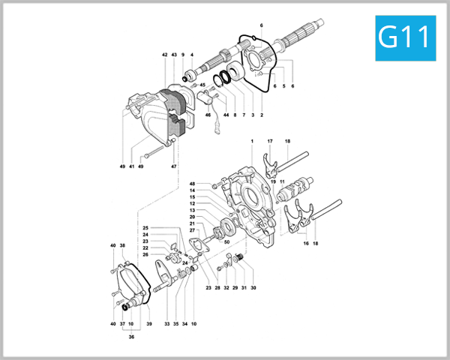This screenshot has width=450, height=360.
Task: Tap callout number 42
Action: click(164, 55)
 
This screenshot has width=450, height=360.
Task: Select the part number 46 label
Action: click(208, 115)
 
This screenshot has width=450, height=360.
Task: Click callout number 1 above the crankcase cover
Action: click(253, 142)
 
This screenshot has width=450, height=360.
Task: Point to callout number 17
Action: click(270, 142)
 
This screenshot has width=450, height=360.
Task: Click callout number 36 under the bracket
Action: click(131, 337)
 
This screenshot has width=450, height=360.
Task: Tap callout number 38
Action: click(122, 246)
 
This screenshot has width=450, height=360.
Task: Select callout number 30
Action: click(253, 288)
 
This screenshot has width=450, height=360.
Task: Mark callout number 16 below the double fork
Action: click(305, 243)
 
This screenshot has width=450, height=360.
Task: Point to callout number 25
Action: click(146, 227)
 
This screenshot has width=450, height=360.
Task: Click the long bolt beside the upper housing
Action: click(151, 153)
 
